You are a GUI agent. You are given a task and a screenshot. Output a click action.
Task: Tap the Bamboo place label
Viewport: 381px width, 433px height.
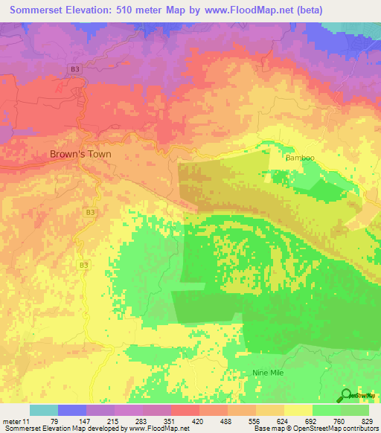coord(300,158)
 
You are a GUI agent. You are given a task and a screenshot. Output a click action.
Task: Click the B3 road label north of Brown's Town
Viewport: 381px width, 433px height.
coord(74,69)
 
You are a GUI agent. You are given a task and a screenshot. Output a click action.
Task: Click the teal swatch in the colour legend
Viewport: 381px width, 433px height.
coord(44,410)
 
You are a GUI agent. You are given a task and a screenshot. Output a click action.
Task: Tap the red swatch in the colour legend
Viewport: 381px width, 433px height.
coord(185,410)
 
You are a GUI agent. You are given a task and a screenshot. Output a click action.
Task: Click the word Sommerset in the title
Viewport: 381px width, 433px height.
coord(36,10)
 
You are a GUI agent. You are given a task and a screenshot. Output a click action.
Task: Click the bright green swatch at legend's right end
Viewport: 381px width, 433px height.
coord(355,410)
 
